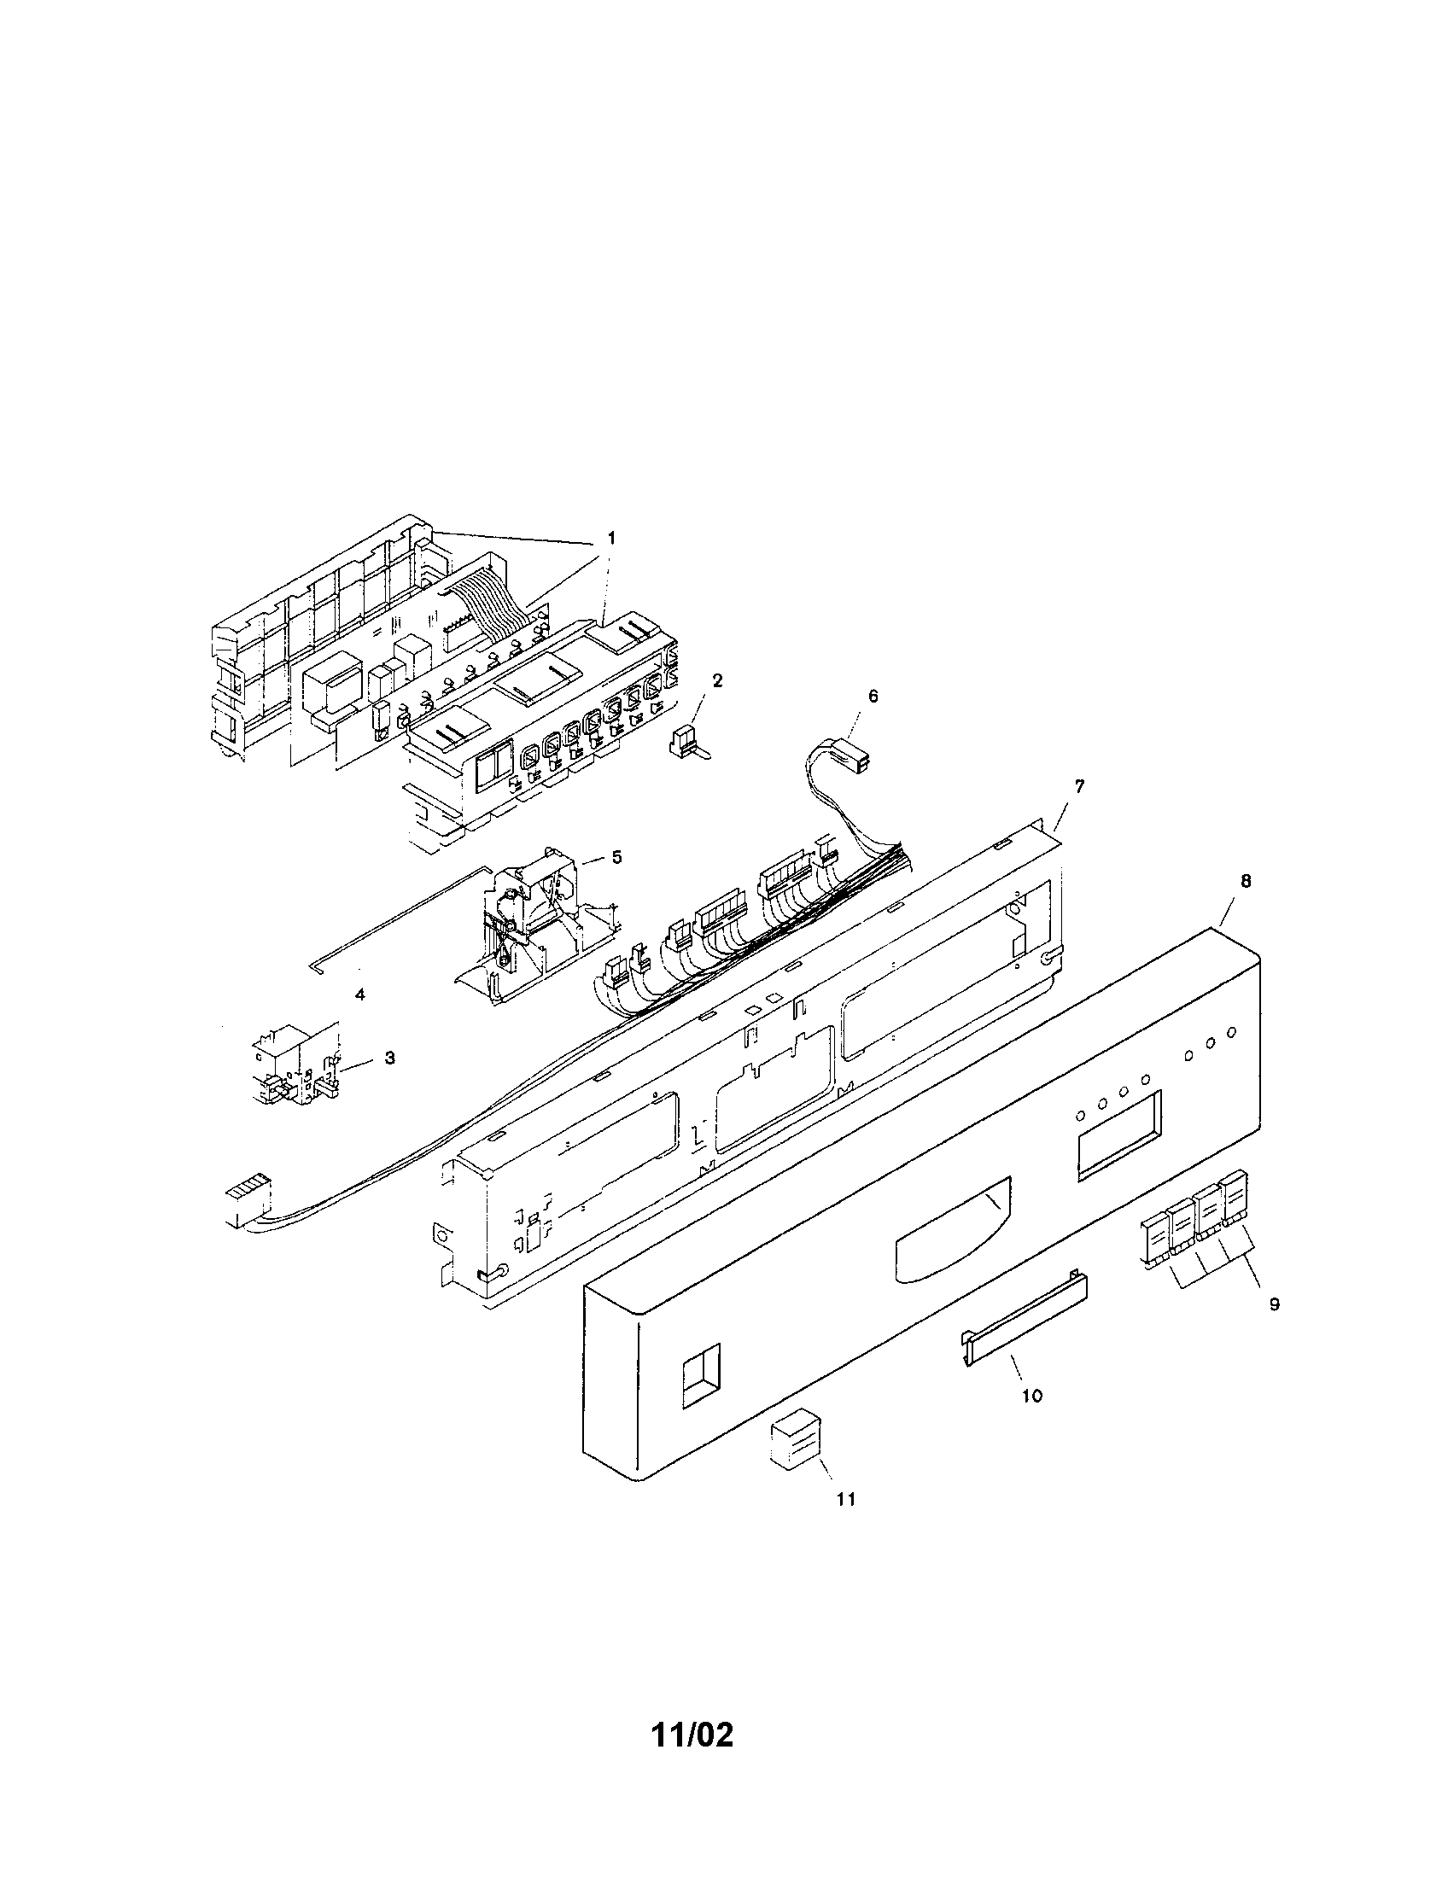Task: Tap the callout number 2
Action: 717,681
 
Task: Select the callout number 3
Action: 389,1058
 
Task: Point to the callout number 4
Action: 360,994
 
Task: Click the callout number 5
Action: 616,857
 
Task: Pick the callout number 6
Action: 873,697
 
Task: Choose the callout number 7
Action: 1079,786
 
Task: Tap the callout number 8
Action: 1246,882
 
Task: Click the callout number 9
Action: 1275,1304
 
